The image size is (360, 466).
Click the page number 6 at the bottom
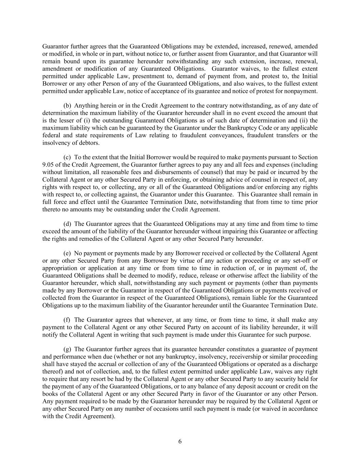coord(180,441)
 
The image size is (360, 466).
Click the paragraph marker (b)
coord(68,105)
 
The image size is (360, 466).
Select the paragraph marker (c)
coord(67,157)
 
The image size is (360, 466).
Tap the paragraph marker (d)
coord(68,224)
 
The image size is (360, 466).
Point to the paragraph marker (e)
coord(67,253)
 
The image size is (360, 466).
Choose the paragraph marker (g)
coord(68,349)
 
